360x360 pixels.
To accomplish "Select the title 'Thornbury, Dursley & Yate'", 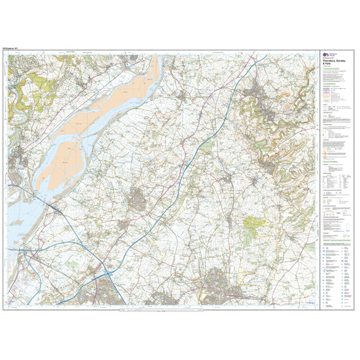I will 331,69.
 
